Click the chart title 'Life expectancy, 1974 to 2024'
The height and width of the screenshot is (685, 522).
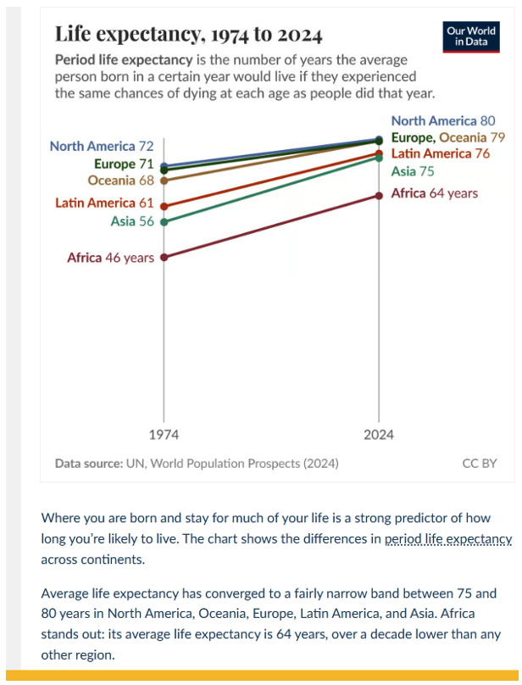pos(188,35)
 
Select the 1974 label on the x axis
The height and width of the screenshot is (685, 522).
pos(164,435)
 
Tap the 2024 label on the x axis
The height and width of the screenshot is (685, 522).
pos(379,435)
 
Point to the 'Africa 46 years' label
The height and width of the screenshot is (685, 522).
pos(110,258)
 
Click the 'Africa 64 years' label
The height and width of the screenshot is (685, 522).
pos(434,193)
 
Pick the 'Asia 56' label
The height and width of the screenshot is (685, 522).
pos(131,221)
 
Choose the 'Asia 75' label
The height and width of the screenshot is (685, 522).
pos(413,171)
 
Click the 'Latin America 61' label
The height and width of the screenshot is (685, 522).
pos(104,203)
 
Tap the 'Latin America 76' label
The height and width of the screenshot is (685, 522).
pos(440,153)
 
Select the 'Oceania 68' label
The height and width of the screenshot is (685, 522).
pos(120,180)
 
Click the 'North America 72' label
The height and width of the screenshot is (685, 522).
pos(102,146)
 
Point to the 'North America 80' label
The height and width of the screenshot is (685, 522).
pos(441,121)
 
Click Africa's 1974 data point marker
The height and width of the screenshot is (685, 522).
pos(164,257)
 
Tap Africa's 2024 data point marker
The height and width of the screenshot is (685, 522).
pos(379,196)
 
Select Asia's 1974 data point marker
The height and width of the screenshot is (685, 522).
pos(164,222)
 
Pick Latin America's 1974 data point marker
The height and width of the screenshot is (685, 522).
pos(164,206)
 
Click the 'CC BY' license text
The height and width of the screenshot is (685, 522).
pos(479,464)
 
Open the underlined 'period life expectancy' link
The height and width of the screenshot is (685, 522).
pos(448,539)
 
